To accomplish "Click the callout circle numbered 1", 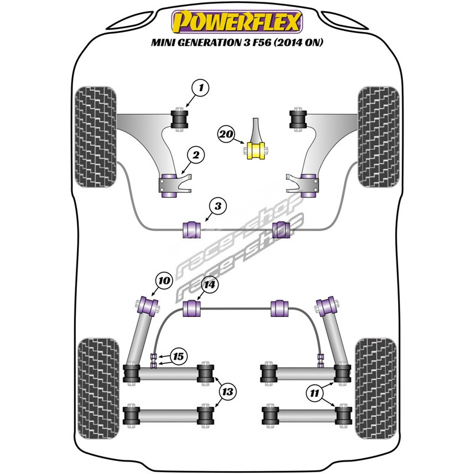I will coord(201,89).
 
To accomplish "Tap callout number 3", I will coord(217,206).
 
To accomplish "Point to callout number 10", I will coord(164,281).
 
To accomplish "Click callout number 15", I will coord(178,356).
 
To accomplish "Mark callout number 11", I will coord(313,391).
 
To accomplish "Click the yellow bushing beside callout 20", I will coord(257,150).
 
